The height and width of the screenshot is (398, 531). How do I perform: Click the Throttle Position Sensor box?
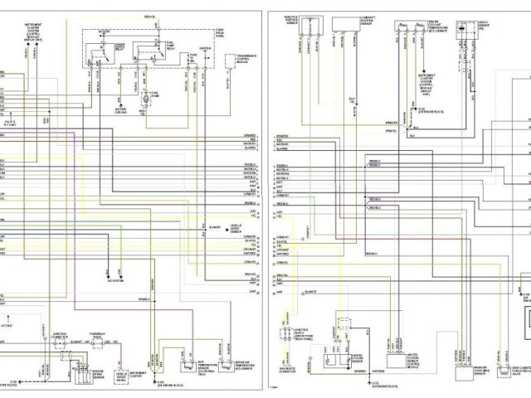click(290, 20)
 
